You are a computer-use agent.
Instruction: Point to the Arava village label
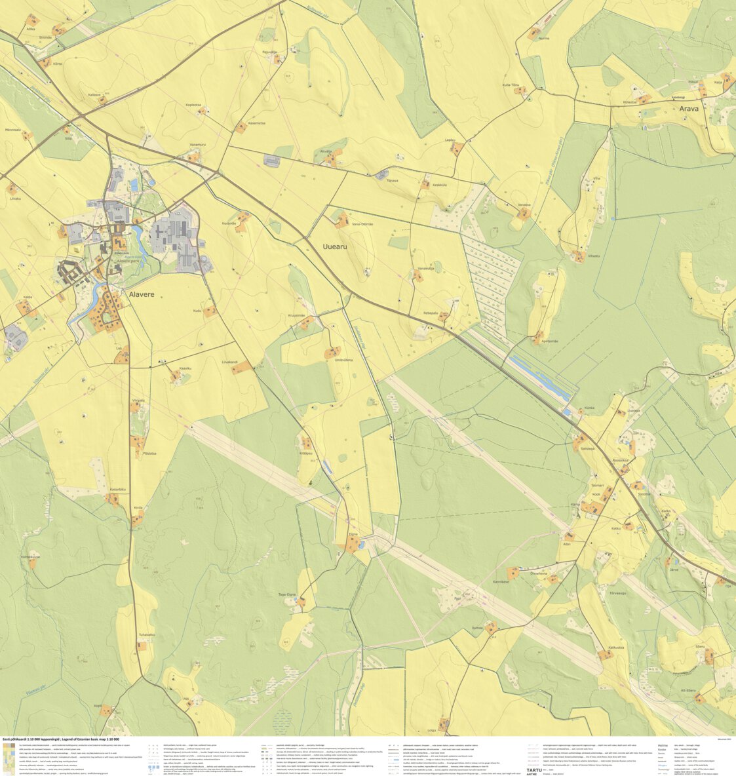tap(689, 109)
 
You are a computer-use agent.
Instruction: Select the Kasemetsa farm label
tap(257, 123)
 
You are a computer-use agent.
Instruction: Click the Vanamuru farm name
tap(197, 144)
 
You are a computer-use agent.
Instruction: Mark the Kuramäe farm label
tap(229, 223)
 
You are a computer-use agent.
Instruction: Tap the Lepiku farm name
tap(450, 140)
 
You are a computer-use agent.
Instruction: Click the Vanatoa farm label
tap(524, 205)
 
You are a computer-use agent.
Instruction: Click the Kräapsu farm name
tap(306, 453)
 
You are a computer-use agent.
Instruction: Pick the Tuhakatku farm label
tap(147, 634)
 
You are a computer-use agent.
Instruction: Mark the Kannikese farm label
tap(501, 581)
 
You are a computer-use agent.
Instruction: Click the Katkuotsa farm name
tap(616, 648)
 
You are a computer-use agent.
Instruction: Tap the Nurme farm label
tap(543, 39)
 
